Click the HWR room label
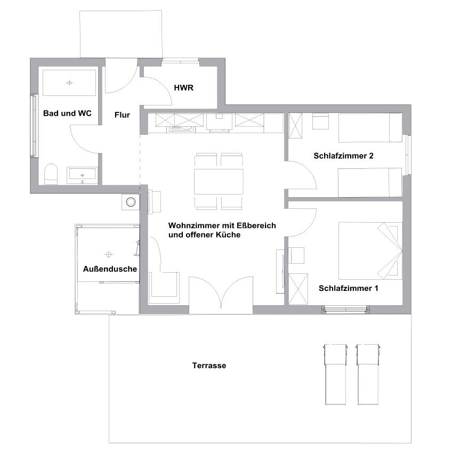tap(183, 88)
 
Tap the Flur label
tap(122, 115)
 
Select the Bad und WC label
tap(67, 113)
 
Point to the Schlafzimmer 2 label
tap(343, 156)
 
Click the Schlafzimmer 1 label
tap(348, 288)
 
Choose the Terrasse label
tap(209, 366)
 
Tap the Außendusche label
tap(110, 269)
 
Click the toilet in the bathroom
tap(51, 174)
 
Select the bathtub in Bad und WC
tap(69, 83)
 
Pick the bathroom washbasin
tap(82, 175)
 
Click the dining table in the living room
tap(219, 182)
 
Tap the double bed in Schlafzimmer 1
tap(370, 251)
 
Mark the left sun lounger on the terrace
tap(335, 375)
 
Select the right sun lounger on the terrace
tap(368, 375)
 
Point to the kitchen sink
tap(182, 129)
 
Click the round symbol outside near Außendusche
tap(131, 202)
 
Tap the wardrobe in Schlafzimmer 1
tap(298, 289)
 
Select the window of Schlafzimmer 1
tap(345, 310)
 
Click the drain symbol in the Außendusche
tap(109, 255)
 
